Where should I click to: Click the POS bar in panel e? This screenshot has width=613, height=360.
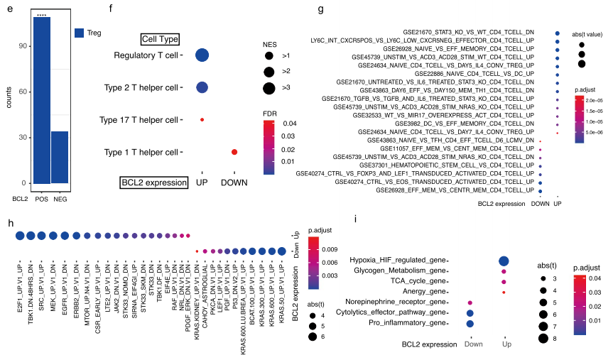(x=41, y=99)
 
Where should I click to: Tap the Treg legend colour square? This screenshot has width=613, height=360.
(x=80, y=32)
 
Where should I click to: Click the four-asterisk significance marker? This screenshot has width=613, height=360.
(x=41, y=12)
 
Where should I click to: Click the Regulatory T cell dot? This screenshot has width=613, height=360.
(x=202, y=55)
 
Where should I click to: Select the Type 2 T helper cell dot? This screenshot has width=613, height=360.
(x=202, y=87)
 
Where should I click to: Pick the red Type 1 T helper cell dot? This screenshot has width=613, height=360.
(x=234, y=152)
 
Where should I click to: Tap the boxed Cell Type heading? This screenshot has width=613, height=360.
(x=160, y=40)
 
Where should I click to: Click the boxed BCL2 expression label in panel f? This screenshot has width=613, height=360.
(x=153, y=182)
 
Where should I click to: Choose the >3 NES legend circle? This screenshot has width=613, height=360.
(x=269, y=88)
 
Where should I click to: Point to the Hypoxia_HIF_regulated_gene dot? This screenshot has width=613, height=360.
(x=504, y=262)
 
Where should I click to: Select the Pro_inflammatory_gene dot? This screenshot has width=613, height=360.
(x=470, y=323)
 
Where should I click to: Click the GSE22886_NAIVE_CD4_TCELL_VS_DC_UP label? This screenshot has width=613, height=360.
(x=474, y=73)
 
